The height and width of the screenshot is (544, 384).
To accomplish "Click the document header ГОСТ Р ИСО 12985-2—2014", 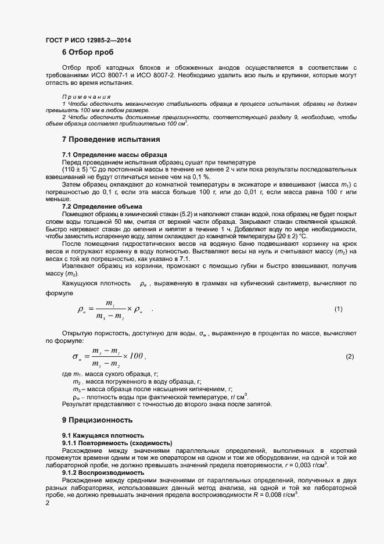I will click(88, 40).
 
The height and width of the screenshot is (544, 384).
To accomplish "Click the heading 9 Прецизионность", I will click(98, 420).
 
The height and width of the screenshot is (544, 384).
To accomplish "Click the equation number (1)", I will click(339, 309).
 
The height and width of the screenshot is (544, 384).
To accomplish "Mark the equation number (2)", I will click(350, 356).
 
